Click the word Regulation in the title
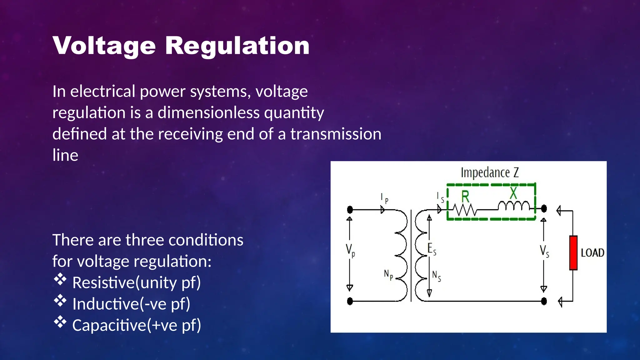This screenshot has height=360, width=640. [237, 46]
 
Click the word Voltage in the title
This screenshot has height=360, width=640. [104, 46]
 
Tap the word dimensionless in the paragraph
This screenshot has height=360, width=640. [208, 112]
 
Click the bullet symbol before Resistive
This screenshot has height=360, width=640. [60, 279]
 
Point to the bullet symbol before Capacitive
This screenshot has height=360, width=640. [60, 322]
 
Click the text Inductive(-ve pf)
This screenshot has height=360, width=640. [131, 304]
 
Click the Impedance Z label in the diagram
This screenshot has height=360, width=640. [490, 172]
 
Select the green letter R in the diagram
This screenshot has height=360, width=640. [465, 197]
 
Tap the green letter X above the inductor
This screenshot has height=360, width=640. [513, 193]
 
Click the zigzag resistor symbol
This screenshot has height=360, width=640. [465, 210]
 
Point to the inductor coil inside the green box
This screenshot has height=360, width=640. [514, 206]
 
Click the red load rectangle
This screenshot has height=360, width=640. [573, 252]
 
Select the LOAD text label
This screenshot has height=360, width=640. [592, 252]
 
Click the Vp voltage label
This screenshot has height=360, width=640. [350, 250]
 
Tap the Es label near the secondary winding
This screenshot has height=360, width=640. [432, 249]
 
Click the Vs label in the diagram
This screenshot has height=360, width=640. [544, 251]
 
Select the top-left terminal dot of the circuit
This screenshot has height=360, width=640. [350, 209]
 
